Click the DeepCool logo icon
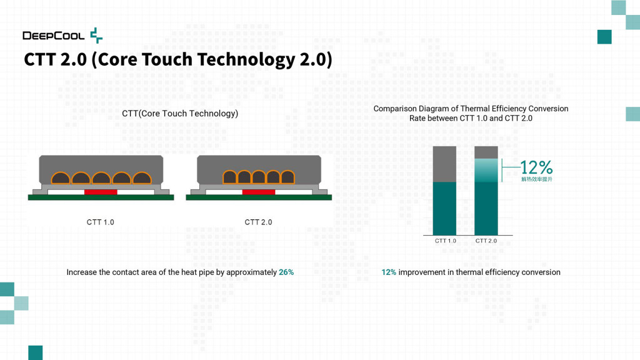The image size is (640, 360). click(96, 35)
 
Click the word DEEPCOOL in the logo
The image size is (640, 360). click(54, 36)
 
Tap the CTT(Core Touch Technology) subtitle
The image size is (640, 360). click(180, 114)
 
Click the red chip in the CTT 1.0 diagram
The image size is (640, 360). click(101, 192)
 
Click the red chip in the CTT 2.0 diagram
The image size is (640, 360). click(259, 192)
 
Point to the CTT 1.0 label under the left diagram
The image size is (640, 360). click(101, 222)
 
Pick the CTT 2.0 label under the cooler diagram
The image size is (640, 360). click(258, 222)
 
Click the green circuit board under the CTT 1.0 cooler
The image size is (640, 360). click(101, 197)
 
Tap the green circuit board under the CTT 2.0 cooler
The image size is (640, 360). click(259, 197)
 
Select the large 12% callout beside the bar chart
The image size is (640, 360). click(536, 167)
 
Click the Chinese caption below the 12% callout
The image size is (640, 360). click(536, 180)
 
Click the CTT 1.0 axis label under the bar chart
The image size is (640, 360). click(445, 241)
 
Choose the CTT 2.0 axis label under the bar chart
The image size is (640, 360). click(486, 241)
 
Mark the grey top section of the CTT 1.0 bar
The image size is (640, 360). click(445, 164)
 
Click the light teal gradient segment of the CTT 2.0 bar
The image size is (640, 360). click(486, 170)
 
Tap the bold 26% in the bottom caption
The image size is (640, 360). click(286, 272)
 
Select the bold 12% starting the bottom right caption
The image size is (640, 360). click(389, 272)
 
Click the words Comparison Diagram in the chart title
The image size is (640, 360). click(409, 109)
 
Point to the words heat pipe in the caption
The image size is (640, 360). click(199, 272)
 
